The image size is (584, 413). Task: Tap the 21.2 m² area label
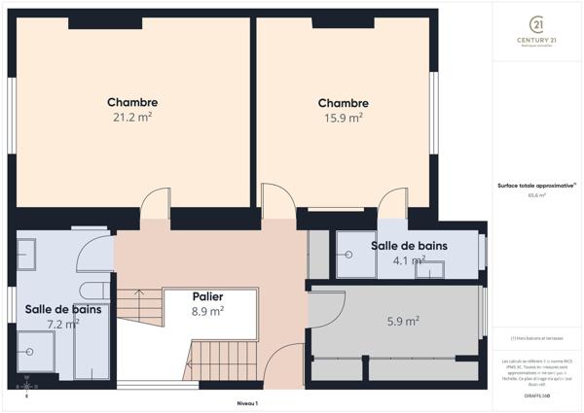[132, 117]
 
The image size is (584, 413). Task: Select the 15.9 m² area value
[343, 118]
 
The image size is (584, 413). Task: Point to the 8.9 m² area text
[208, 312]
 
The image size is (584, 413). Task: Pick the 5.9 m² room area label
[403, 321]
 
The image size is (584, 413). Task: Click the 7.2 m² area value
[63, 325]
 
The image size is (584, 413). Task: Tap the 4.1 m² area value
[410, 260]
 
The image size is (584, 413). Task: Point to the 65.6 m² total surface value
[536, 195]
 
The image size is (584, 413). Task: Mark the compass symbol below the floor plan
[26, 386]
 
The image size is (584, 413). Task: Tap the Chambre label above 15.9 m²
[343, 103]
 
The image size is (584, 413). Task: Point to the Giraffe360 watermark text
[536, 397]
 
